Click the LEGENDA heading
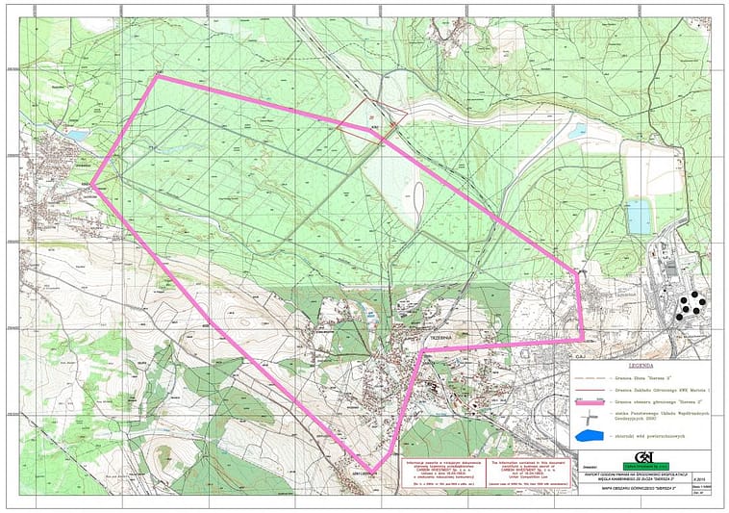[x=641, y=367]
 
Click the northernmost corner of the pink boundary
[x=158, y=76]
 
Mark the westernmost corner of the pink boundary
[x=92, y=187]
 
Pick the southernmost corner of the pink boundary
[x=372, y=471]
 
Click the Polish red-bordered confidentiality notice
[x=438, y=471]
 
